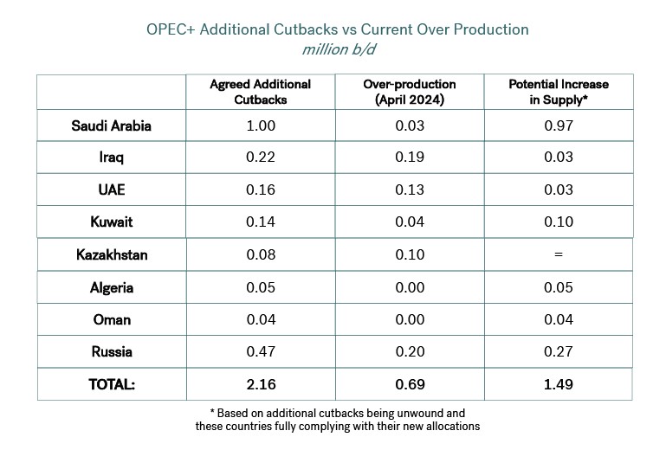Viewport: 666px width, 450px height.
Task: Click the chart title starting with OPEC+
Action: point(338,29)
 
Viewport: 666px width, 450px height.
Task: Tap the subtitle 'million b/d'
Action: point(339,49)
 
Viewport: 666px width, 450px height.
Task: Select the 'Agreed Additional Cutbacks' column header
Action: point(261,92)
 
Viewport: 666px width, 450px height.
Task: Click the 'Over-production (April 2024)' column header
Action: point(410,92)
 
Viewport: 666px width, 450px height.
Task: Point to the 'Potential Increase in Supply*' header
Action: point(559,92)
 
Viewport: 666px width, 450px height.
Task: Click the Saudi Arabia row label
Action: point(111,125)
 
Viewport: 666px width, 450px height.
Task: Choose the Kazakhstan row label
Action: point(112,254)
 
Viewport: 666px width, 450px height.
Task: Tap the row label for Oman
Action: point(112,319)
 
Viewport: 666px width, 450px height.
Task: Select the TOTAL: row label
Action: point(112,384)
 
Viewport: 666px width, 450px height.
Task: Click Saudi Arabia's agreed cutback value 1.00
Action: point(261,125)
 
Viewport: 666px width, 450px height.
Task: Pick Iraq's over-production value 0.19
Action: point(410,157)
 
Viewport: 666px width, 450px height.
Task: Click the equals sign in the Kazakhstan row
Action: point(559,254)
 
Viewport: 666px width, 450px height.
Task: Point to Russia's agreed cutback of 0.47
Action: point(261,351)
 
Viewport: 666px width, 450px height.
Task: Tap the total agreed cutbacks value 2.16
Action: point(262,384)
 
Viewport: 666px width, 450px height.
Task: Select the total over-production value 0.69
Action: point(410,384)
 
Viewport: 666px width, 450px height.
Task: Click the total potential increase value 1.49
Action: point(559,384)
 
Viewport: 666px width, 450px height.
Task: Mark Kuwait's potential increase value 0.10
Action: point(559,222)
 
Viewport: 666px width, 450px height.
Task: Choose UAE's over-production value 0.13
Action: point(410,190)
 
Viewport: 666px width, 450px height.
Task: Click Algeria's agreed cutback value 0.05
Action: point(261,287)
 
